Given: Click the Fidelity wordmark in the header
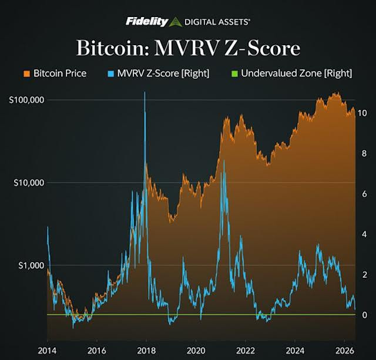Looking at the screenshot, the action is [147, 22].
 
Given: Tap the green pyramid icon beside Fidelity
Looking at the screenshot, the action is [176, 22].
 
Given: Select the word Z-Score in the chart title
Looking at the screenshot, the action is [262, 48].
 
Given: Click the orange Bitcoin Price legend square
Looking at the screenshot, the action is [27, 73].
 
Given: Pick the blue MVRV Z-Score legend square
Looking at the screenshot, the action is [110, 73].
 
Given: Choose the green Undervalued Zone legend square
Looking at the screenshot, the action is [234, 73].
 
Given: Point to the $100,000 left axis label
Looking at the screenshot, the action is [26, 100].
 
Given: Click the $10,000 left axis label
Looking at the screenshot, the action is [29, 183].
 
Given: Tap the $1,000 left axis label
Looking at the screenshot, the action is [31, 265].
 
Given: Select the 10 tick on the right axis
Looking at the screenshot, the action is [362, 113].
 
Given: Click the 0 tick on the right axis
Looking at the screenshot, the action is [364, 315].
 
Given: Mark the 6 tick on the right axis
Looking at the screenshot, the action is [364, 194].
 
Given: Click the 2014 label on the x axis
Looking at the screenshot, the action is [47, 351].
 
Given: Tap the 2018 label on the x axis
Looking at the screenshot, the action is [146, 351].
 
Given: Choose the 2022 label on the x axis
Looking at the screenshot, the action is [246, 351].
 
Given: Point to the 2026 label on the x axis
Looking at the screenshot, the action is [345, 351].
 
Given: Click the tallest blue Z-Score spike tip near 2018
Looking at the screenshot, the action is [145, 92].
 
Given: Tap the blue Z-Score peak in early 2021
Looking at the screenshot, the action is [224, 160].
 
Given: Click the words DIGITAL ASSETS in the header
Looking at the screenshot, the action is [217, 22].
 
